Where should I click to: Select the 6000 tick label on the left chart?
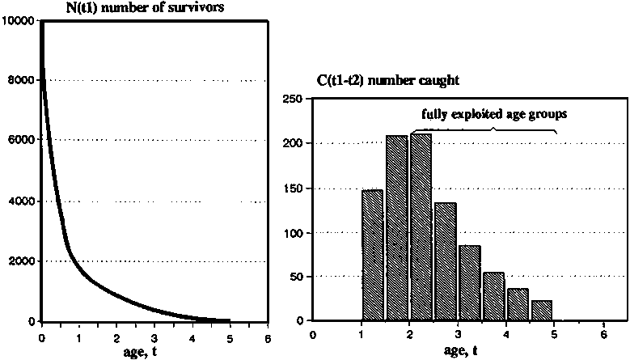21,140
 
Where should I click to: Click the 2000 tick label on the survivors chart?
21,261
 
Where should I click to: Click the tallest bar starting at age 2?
421,228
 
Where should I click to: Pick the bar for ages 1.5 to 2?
397,228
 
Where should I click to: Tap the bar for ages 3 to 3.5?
470,283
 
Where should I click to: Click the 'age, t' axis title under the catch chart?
459,349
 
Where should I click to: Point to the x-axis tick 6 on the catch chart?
603,332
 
